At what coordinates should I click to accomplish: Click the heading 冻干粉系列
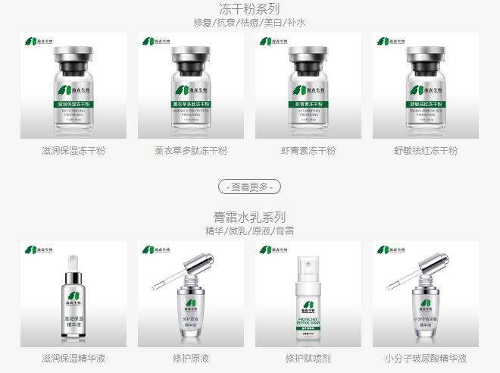(x=249, y=9)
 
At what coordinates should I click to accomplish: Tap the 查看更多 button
(x=249, y=186)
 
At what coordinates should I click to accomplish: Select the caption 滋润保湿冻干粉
(x=73, y=151)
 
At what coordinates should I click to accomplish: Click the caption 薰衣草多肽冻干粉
(x=191, y=151)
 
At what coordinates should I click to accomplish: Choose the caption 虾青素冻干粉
(x=308, y=151)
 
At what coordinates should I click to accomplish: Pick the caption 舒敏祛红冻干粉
(x=426, y=151)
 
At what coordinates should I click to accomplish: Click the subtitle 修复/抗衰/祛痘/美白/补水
(x=249, y=23)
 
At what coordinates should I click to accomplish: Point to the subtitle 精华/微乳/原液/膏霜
(x=249, y=230)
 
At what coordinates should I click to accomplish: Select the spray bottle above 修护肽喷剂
(x=308, y=303)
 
